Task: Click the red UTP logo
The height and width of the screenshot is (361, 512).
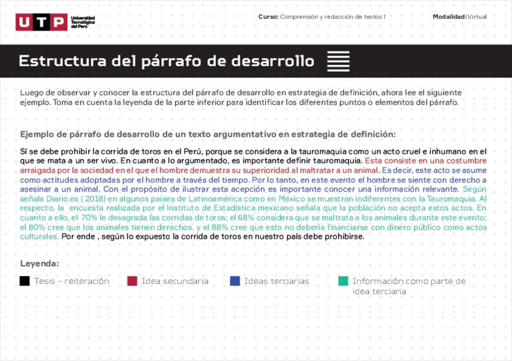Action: [42, 22]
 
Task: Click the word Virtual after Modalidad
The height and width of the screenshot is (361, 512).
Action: [477, 17]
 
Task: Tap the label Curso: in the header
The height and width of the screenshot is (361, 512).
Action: [268, 17]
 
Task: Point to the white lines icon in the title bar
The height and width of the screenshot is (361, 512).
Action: [338, 61]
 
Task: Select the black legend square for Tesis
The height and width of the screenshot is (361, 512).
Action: [25, 281]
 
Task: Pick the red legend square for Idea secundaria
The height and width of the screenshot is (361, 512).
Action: [132, 281]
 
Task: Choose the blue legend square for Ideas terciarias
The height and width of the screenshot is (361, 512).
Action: [235, 281]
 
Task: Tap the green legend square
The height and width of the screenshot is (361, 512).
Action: [344, 281]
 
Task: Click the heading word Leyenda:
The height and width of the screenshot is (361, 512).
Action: [40, 263]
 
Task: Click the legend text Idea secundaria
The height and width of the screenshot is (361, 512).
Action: [175, 281]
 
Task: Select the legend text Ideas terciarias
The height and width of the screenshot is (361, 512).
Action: [277, 281]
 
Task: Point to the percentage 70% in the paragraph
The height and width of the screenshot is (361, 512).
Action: [89, 218]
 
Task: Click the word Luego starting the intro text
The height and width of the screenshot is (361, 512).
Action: [31, 93]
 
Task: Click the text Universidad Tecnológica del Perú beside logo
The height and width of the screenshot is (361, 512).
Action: [83, 22]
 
